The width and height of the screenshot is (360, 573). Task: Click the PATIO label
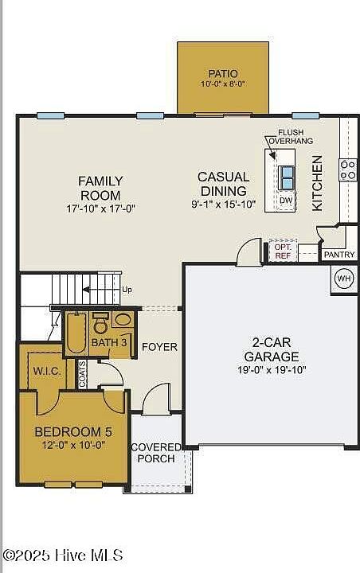tap(223, 73)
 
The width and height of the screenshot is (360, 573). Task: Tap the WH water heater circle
tap(343, 279)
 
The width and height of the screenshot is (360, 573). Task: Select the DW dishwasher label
tap(286, 201)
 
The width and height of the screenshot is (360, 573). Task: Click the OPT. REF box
tap(283, 251)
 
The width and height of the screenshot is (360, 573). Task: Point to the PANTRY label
tap(339, 255)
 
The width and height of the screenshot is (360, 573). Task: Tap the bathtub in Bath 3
tap(76, 332)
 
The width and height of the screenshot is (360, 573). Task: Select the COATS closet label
tap(83, 374)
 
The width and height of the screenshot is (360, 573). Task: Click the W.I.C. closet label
tap(47, 372)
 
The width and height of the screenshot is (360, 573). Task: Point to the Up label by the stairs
tap(127, 290)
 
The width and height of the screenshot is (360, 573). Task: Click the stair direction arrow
tap(100, 290)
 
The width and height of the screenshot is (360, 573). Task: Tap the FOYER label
tap(159, 347)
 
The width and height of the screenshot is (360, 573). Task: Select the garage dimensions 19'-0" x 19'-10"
tap(272, 370)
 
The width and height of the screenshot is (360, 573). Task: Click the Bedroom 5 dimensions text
tap(74, 445)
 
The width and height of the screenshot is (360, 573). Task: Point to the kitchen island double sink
tap(286, 177)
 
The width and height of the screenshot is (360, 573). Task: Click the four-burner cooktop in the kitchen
tap(347, 170)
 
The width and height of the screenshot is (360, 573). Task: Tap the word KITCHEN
tap(317, 184)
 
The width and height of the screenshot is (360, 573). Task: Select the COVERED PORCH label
tap(156, 453)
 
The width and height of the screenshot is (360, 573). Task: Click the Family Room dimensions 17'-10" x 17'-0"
tap(101, 209)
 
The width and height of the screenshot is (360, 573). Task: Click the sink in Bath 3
tap(123, 320)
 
